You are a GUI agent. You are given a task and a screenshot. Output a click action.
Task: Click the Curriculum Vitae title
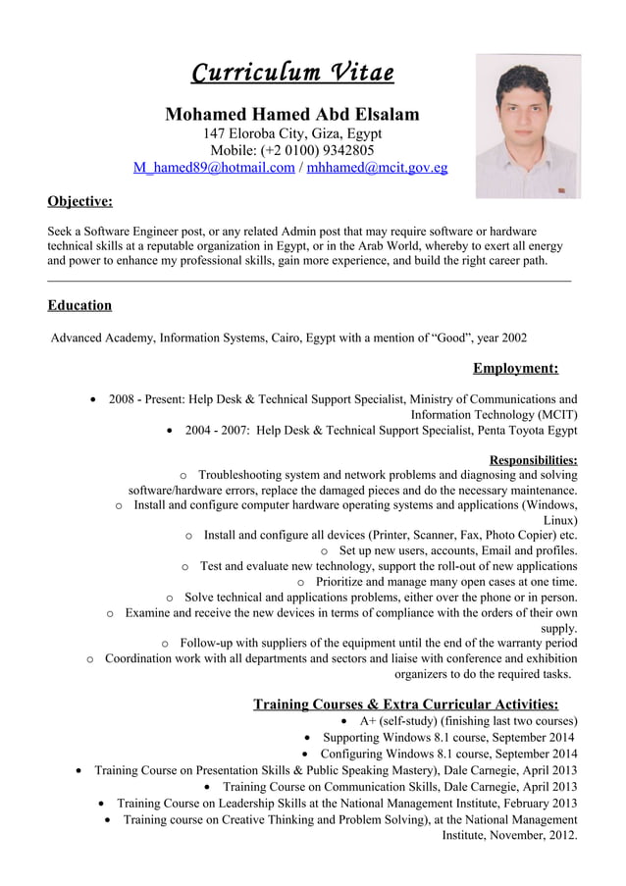pos(292,73)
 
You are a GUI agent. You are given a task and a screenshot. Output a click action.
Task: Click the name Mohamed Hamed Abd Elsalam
pos(292,114)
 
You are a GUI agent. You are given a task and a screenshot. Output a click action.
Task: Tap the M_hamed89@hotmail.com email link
pos(213,168)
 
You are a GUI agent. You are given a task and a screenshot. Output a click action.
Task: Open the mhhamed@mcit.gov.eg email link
pos(377,168)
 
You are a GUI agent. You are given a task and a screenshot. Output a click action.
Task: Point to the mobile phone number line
pos(292,150)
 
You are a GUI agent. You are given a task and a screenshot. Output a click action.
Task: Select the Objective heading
pos(79,201)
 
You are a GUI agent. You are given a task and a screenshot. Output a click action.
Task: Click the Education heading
pos(79,305)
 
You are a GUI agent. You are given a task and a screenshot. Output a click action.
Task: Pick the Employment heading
pos(515,368)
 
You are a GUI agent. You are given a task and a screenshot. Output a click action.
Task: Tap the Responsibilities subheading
pos(533,459)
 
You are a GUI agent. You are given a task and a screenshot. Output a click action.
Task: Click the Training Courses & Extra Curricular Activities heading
pos(406,704)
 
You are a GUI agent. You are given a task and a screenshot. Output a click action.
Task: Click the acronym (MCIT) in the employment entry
pos(556,414)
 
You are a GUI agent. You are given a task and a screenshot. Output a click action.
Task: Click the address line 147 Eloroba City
pos(292,133)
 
